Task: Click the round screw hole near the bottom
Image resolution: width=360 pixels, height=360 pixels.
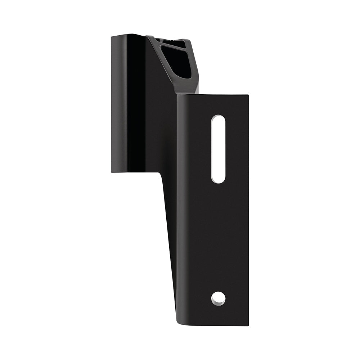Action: click(x=218, y=298)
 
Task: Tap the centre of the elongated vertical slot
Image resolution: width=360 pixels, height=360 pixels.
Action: click(x=218, y=149)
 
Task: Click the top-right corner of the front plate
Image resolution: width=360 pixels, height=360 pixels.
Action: click(x=248, y=96)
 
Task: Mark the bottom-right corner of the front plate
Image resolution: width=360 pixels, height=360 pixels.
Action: click(x=248, y=325)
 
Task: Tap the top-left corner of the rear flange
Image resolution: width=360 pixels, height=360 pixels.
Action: click(x=112, y=36)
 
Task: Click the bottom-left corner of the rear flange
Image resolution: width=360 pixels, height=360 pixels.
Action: click(x=112, y=171)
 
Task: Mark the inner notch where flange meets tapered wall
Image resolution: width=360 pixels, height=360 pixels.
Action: click(x=159, y=172)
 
